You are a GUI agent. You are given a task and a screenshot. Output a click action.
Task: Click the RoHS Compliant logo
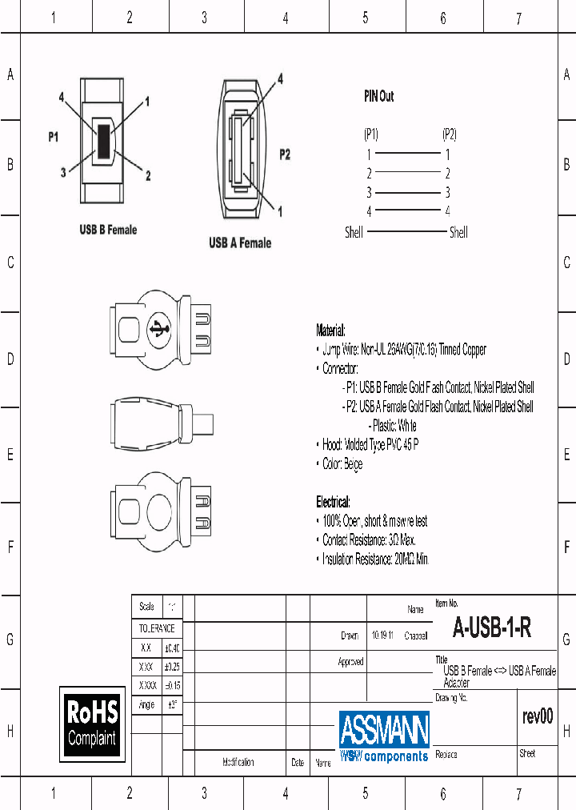tap(92, 723)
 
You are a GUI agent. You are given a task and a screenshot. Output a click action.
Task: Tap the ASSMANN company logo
tap(384, 736)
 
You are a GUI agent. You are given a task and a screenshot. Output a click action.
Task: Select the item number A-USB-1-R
tap(492, 628)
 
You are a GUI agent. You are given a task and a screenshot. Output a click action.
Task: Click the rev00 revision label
tap(537, 716)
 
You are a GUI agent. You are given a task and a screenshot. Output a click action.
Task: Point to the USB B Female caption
tap(108, 230)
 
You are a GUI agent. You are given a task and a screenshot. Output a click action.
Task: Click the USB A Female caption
tap(239, 243)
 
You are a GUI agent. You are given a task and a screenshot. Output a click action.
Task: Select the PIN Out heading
tap(378, 96)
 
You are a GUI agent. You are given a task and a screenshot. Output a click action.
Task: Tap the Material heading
tap(331, 331)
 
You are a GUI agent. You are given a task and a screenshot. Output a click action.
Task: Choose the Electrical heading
tap(333, 502)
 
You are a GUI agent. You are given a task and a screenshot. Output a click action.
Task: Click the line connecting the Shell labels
tap(406, 232)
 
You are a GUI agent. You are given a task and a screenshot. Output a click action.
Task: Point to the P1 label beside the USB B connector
tap(54, 137)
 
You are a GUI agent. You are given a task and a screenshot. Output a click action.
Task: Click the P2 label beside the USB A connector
tap(284, 154)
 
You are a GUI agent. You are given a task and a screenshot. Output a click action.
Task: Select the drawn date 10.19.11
tap(382, 636)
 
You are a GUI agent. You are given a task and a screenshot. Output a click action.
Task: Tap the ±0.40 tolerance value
tap(172, 648)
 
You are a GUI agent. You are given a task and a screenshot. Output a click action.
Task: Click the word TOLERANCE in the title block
tap(157, 629)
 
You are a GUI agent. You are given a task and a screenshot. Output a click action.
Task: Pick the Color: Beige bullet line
tap(342, 464)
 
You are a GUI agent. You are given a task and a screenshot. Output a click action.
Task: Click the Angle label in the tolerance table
tap(146, 705)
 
